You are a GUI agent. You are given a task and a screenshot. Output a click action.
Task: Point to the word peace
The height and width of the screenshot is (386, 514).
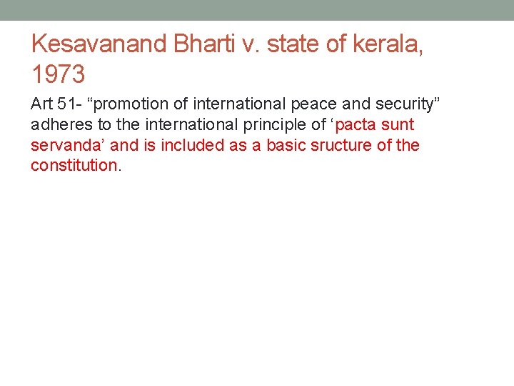[316, 104]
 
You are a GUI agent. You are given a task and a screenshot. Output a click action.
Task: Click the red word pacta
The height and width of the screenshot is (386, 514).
[356, 125]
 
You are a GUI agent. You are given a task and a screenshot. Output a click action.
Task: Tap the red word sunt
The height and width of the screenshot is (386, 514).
[398, 125]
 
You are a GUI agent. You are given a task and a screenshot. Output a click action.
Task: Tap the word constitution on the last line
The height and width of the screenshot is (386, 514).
[74, 166]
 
